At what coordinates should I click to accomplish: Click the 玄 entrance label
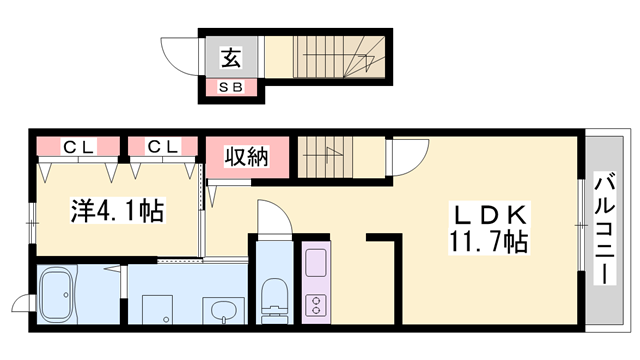pos(231,58)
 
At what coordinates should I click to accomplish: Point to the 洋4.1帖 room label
pos(116,211)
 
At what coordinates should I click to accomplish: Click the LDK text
pos(489,215)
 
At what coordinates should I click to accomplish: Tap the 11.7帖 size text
pos(489,241)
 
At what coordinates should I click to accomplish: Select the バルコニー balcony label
pos(605,230)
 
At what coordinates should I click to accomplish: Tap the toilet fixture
pos(273,298)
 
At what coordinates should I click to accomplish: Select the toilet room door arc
pos(272,218)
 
